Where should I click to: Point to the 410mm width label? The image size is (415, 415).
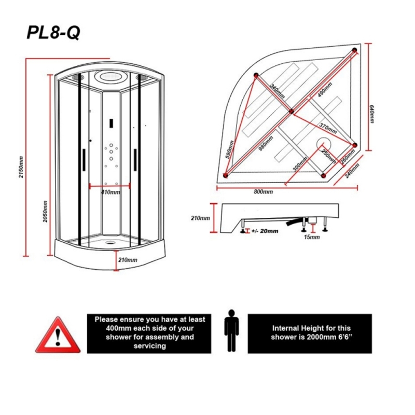coord(110,192)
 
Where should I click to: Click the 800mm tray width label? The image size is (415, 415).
coord(264,192)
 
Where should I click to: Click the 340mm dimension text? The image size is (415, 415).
coord(278,93)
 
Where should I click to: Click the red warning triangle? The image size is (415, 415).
coord(60,334)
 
